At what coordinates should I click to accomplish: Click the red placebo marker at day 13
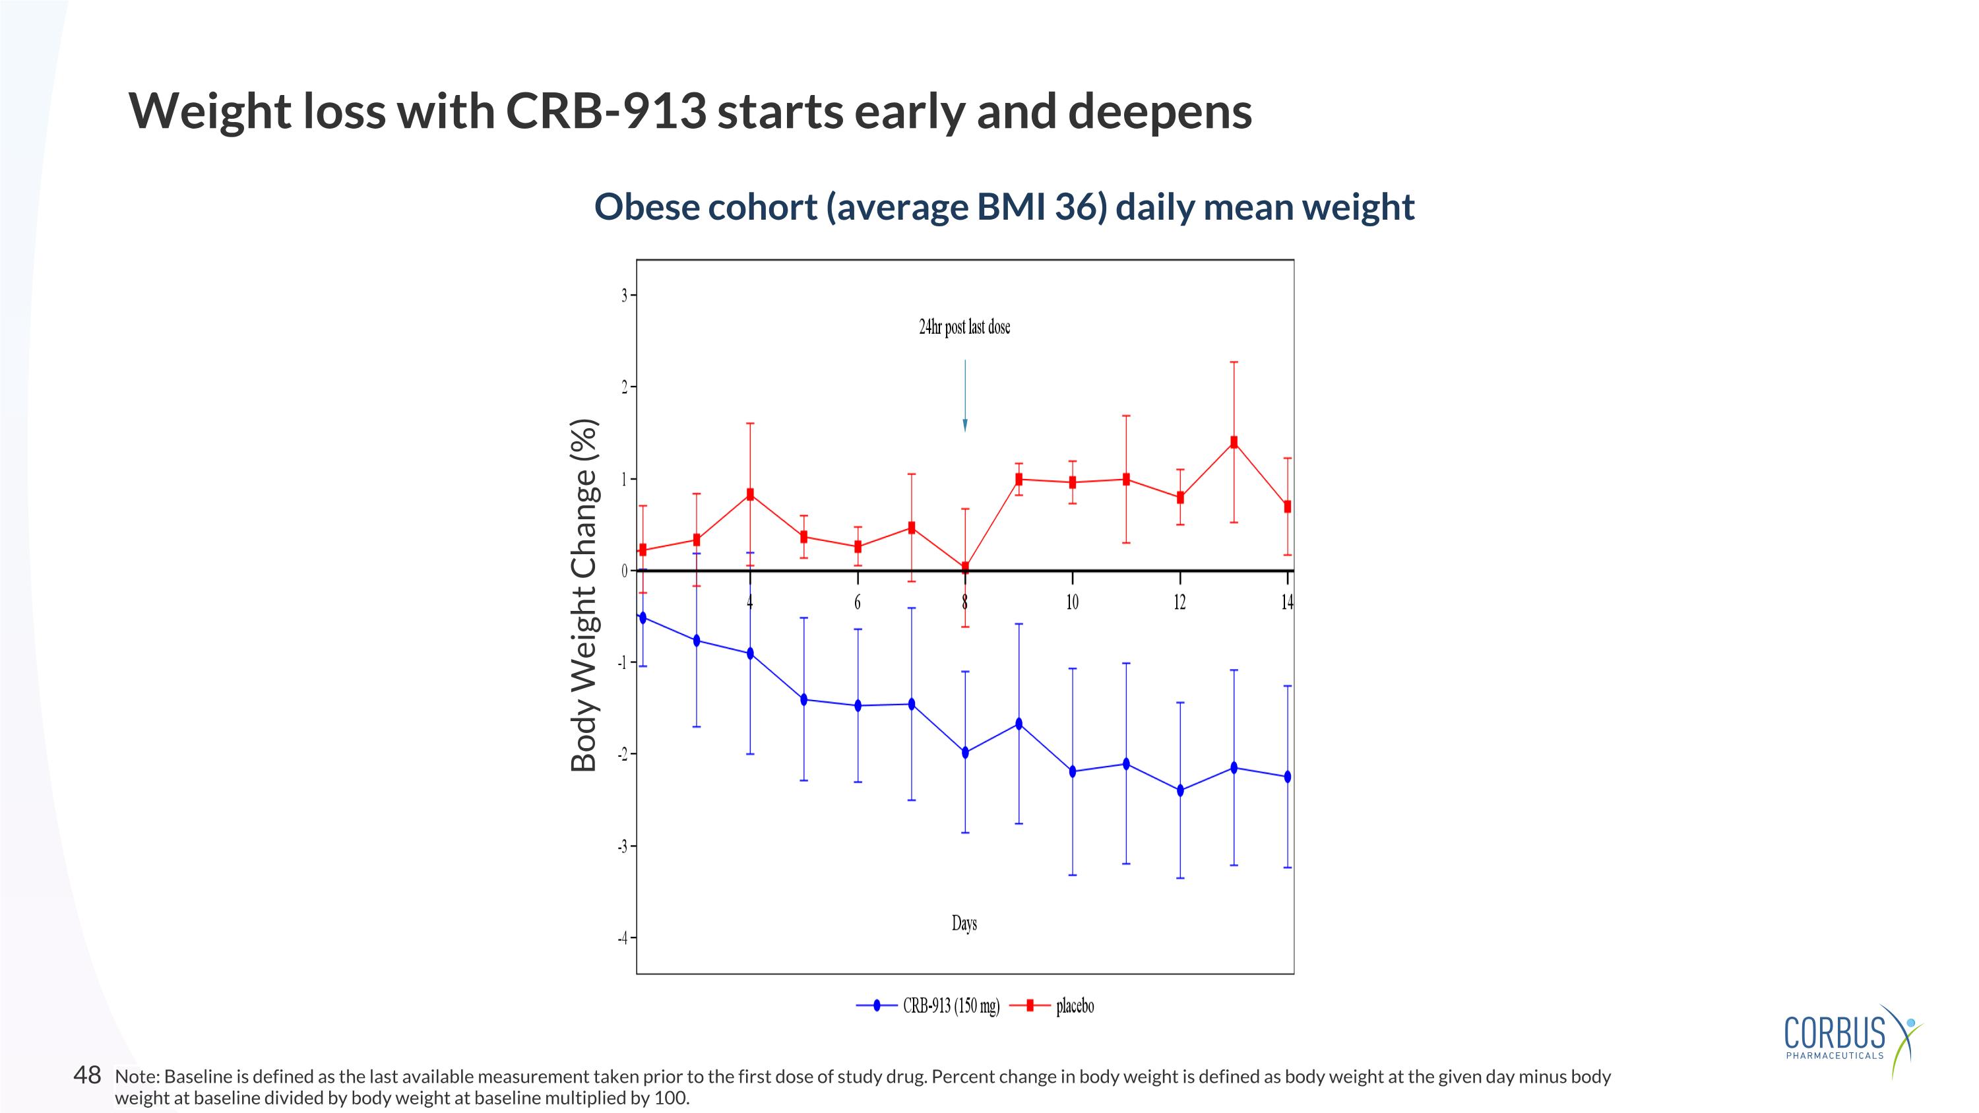click(x=1234, y=443)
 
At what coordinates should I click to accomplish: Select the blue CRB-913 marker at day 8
click(x=965, y=753)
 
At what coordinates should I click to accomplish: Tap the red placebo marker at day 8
click(x=965, y=567)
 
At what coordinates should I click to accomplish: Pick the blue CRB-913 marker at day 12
click(x=1180, y=790)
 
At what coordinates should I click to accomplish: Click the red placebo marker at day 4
click(x=750, y=495)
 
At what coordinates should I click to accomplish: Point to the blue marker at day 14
click(x=1288, y=777)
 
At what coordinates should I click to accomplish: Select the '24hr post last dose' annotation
click(x=964, y=327)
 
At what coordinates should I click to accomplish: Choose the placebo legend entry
click(x=1074, y=1005)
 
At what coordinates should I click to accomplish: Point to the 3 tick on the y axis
click(x=625, y=296)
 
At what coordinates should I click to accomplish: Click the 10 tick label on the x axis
click(x=1072, y=603)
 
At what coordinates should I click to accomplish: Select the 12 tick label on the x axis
click(x=1179, y=603)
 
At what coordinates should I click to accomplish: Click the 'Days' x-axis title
click(x=964, y=922)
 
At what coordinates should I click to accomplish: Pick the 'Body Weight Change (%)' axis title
click(x=584, y=594)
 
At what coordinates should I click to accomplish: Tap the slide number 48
click(x=87, y=1075)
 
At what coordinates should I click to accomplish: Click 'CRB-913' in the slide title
click(x=606, y=111)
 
